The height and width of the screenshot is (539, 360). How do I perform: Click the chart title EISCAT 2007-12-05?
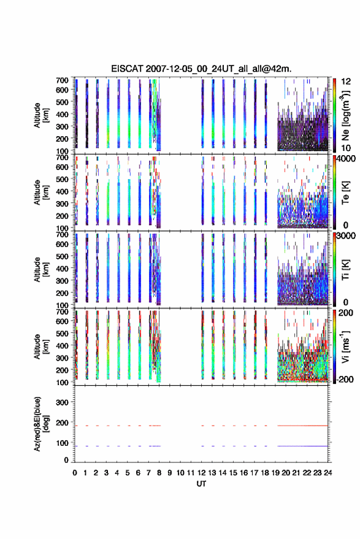coord(201,69)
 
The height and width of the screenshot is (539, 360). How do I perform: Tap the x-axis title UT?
coord(201,484)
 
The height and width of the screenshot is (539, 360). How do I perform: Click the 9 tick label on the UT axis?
coord(169,473)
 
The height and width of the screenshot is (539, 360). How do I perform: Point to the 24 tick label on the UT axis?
coord(327,473)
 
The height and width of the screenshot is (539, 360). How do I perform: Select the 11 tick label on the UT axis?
coord(191,473)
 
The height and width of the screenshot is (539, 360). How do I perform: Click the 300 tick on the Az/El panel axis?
coord(62,402)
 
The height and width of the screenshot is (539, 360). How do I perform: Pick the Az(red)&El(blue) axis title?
coord(41,424)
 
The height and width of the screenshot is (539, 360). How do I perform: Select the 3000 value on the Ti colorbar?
coord(346,236)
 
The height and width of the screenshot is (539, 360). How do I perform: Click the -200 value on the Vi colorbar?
coord(345,379)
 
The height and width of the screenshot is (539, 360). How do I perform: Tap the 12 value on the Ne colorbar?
coord(346,82)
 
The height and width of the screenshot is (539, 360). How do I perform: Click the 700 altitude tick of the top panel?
coord(62,80)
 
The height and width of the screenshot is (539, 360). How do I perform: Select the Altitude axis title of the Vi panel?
coord(41,346)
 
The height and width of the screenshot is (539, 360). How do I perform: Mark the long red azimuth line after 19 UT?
coord(302,426)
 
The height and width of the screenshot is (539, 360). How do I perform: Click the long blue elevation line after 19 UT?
coord(302,446)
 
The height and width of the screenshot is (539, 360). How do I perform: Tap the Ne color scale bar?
coord(335,115)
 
